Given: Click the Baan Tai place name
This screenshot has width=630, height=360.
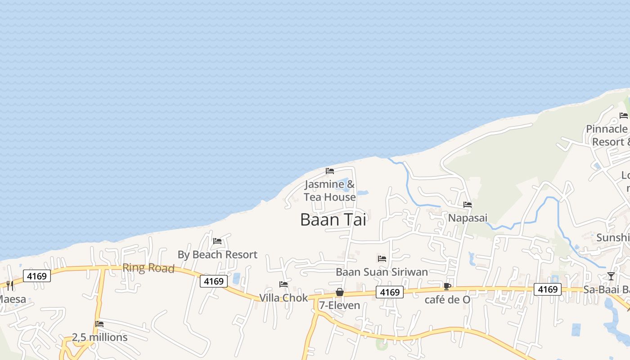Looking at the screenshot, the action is [x=333, y=220].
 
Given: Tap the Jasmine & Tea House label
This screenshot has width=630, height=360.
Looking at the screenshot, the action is [x=329, y=191].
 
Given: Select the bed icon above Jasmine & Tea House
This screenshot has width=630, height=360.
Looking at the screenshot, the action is [x=330, y=171].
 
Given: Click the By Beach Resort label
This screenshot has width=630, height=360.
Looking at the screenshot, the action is [x=217, y=255].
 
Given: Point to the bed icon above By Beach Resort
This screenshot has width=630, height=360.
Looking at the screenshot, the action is [x=217, y=241].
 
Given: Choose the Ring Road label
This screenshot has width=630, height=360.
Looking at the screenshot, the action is [x=148, y=268].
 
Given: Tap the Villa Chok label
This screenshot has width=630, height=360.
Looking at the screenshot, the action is [x=283, y=298].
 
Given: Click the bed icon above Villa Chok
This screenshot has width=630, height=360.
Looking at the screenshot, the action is [x=283, y=284].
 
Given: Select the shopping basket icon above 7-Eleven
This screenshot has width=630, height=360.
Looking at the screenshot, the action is [x=340, y=292].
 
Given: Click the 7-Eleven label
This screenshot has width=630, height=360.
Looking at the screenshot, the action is [x=340, y=306].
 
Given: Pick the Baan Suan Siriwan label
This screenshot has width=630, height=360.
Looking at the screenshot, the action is [x=382, y=272].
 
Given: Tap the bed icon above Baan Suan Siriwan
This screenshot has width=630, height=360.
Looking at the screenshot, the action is [x=382, y=258].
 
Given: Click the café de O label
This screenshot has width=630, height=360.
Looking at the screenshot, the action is [x=447, y=300].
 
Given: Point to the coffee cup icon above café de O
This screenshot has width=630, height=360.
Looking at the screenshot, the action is [x=447, y=286].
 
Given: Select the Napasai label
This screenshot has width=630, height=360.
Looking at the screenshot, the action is [x=468, y=218].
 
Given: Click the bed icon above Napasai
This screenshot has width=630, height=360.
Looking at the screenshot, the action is [x=468, y=205].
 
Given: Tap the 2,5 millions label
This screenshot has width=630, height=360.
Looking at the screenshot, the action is [x=99, y=337].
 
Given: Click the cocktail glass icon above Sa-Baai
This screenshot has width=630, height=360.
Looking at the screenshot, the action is [x=611, y=276].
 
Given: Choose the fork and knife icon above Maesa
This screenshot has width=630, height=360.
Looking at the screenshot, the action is [x=10, y=285].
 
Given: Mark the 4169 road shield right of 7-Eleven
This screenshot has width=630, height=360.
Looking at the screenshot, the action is [x=390, y=292].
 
